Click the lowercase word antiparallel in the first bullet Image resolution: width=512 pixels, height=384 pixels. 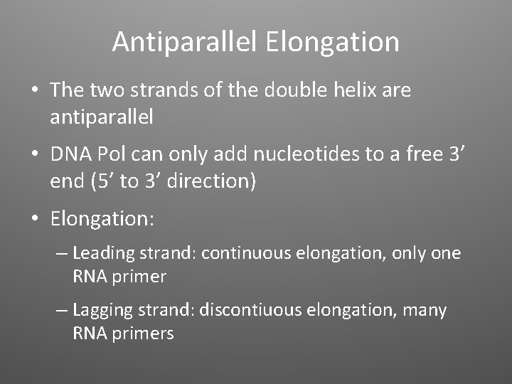(101, 117)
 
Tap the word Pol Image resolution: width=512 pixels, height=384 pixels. (112, 154)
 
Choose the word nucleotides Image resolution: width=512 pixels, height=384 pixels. (288, 154)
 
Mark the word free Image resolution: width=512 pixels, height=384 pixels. (412, 154)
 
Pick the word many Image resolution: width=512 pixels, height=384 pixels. (424, 311)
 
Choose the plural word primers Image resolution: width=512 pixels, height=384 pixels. (142, 333)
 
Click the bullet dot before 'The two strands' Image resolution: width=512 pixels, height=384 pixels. (33, 91)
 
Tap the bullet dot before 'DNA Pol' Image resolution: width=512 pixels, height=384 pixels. (33, 154)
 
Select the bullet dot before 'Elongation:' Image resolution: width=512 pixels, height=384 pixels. (33, 218)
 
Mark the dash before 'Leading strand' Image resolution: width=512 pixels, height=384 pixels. (61, 254)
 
